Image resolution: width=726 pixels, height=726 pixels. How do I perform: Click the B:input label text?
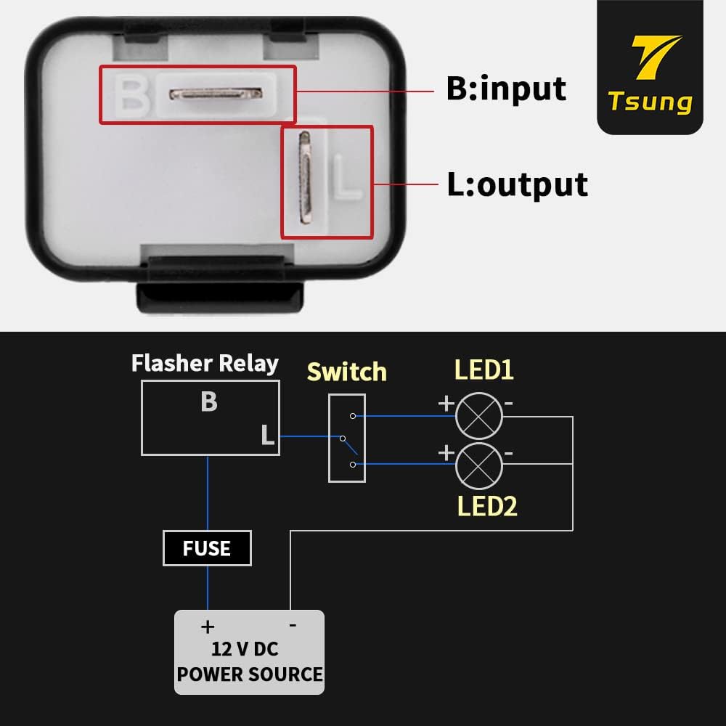click(x=506, y=88)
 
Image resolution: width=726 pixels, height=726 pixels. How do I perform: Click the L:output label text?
click(x=517, y=184)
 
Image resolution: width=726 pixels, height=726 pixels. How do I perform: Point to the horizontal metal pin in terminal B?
click(x=215, y=94)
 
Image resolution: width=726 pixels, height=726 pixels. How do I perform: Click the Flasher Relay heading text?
click(x=205, y=363)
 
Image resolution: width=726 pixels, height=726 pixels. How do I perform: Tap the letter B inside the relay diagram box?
click(x=209, y=401)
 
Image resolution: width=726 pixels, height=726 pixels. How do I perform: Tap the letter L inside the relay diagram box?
click(x=267, y=436)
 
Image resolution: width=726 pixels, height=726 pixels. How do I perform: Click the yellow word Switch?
click(x=346, y=372)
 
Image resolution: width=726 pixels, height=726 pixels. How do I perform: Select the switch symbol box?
click(x=346, y=438)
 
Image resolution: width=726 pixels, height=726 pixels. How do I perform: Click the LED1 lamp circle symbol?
click(x=478, y=416)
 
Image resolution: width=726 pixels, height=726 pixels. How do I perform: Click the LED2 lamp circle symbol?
click(x=478, y=465)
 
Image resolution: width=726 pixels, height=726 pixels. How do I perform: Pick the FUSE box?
click(x=207, y=548)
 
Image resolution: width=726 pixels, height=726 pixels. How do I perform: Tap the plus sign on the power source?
click(x=208, y=625)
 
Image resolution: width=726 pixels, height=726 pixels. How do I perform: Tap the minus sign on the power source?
click(x=292, y=624)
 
